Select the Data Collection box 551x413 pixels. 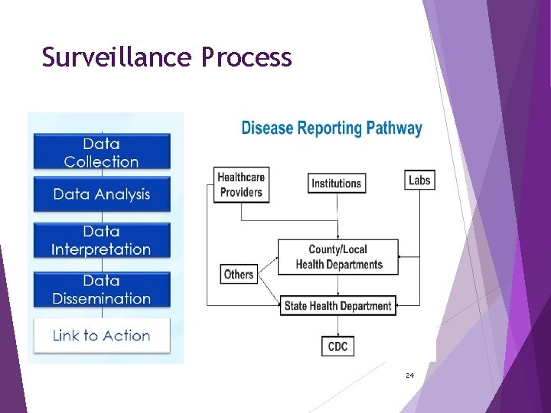tap(101, 152)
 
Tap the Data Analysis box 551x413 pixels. tap(101, 194)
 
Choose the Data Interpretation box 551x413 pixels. tap(101, 240)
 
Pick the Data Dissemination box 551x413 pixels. tap(101, 290)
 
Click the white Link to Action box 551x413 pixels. tap(101, 335)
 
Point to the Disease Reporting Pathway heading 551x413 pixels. tap(331, 128)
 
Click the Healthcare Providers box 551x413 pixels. tap(241, 184)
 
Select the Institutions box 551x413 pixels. tap(336, 183)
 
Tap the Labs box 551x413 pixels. tap(419, 180)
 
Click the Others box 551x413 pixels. tap(239, 274)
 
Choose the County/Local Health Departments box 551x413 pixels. tap(338, 257)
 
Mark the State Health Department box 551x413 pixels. tap(337, 306)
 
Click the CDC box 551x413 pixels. tap(337, 346)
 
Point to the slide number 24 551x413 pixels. tap(409, 376)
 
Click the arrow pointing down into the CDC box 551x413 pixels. tap(337, 329)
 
